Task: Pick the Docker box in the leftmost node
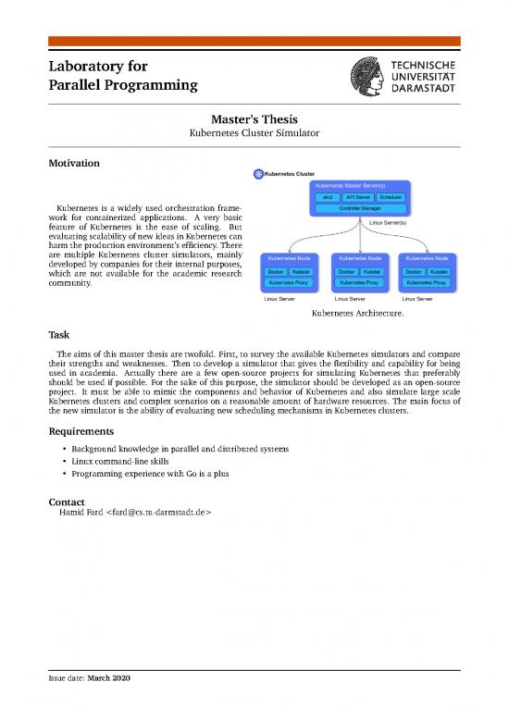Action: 276,271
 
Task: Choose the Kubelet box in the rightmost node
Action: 439,271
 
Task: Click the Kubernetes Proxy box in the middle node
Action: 358,282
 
